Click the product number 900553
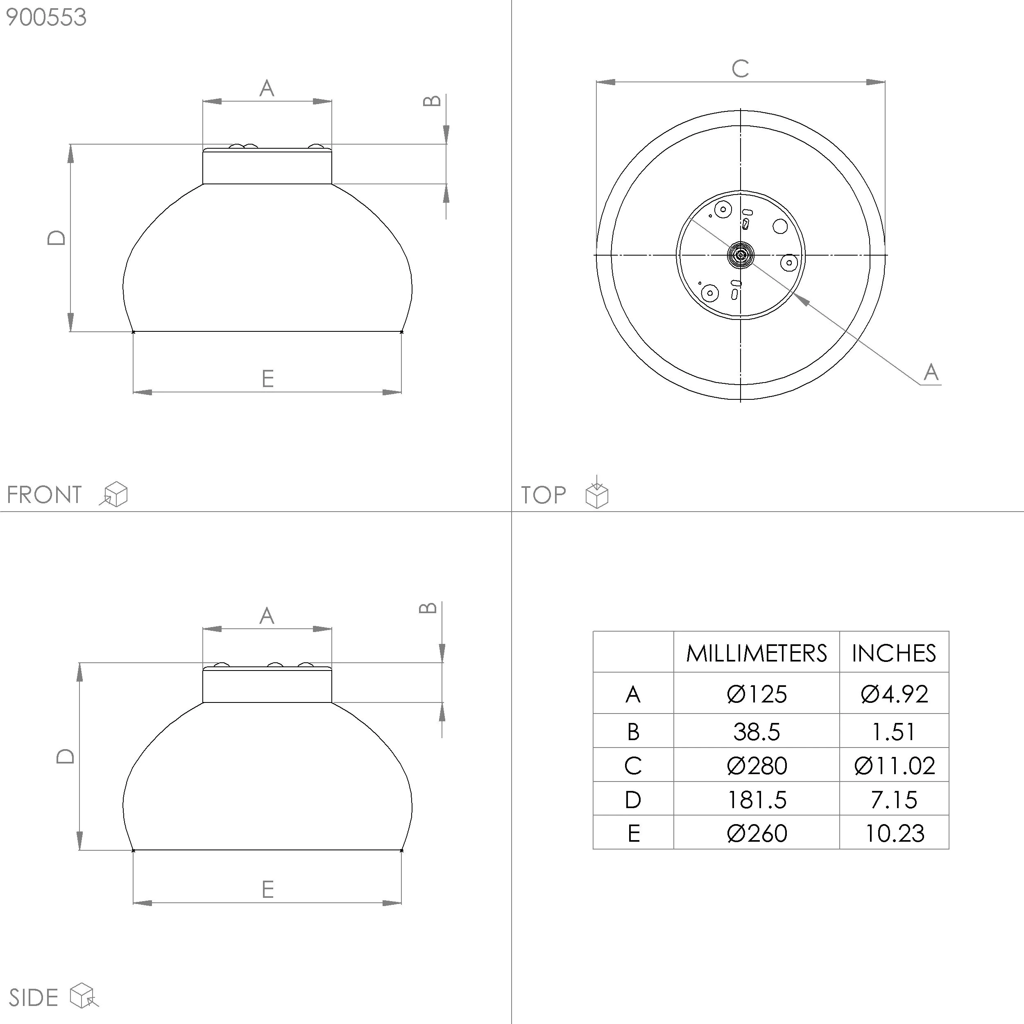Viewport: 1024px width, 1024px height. (x=46, y=18)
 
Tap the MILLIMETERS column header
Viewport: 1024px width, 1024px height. (x=757, y=653)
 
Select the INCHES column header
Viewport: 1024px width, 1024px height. (x=894, y=653)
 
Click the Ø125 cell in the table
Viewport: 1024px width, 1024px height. (x=757, y=694)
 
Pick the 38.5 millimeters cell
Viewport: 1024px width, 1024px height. (x=757, y=732)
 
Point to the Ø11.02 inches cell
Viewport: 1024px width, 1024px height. (x=894, y=766)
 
